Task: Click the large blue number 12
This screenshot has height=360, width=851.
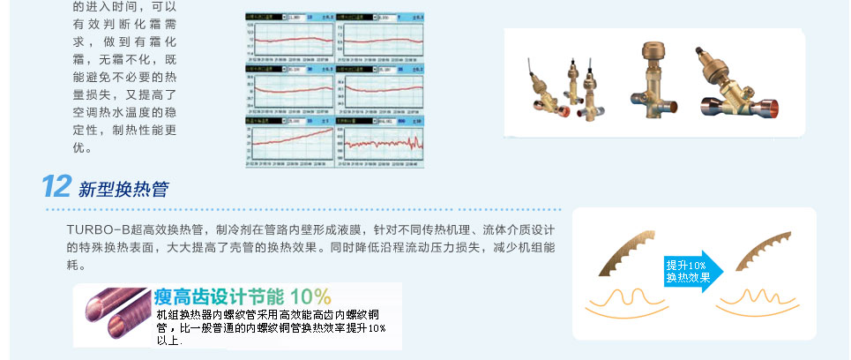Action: click(x=56, y=186)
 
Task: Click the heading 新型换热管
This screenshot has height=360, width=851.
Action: click(x=123, y=190)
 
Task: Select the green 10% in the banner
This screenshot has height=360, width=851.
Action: click(x=310, y=296)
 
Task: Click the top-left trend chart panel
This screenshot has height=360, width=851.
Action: click(x=289, y=36)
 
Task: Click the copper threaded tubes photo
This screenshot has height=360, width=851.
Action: click(x=115, y=314)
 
